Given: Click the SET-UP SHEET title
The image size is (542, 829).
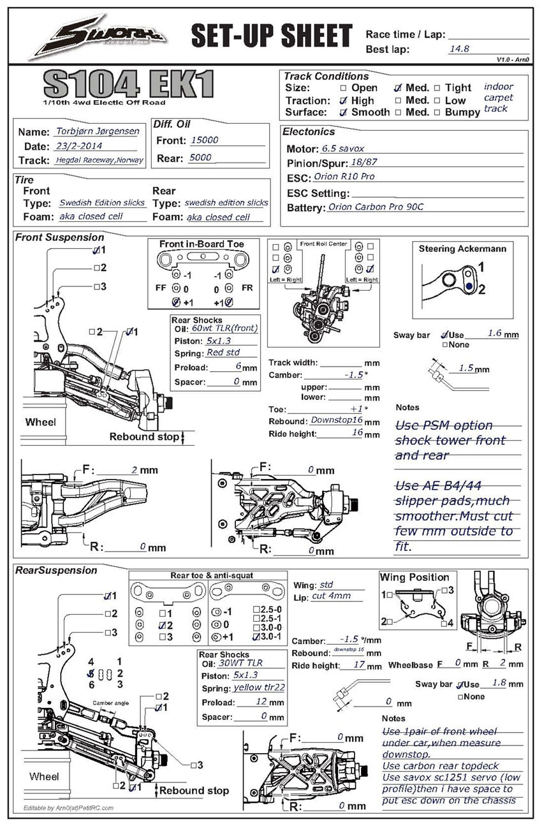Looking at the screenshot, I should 271,36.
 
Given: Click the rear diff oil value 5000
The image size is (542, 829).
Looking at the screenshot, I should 200,158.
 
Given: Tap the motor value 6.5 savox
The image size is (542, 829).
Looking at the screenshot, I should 343,149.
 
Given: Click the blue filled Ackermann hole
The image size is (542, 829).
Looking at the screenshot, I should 469,287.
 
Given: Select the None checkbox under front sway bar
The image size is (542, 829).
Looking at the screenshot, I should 444,345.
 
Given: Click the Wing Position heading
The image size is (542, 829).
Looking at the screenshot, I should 414,577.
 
